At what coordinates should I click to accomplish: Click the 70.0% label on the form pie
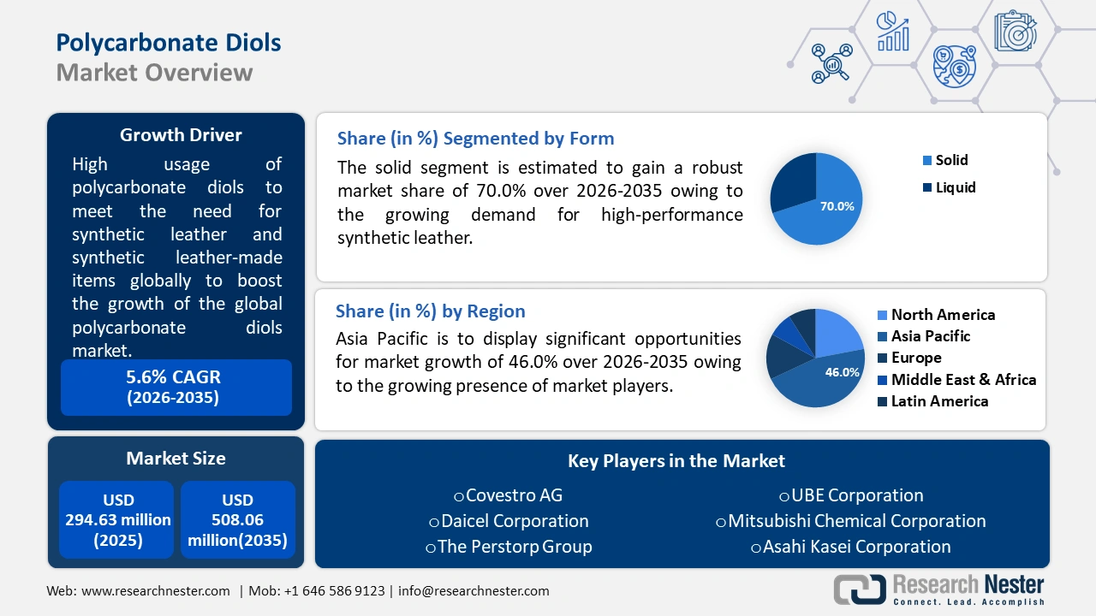837,206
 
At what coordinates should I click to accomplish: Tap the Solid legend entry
944,160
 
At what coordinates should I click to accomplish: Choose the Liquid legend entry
949,187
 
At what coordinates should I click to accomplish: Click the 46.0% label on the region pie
842,372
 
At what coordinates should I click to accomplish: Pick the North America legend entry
937,315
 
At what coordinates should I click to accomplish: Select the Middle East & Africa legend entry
957,379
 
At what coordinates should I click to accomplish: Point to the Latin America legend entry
933,401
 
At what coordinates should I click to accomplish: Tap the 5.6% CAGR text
173,377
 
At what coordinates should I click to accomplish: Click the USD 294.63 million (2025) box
117,519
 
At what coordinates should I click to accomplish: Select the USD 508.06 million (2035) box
238,519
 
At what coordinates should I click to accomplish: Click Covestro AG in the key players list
509,495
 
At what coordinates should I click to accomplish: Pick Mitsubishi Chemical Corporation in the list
851,521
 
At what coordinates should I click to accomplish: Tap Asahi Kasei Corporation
851,547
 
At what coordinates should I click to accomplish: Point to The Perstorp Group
509,547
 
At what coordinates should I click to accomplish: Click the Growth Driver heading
181,135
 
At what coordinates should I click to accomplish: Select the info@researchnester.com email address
474,591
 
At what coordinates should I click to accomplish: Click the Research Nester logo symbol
860,589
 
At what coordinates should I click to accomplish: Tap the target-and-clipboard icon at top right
1016,31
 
